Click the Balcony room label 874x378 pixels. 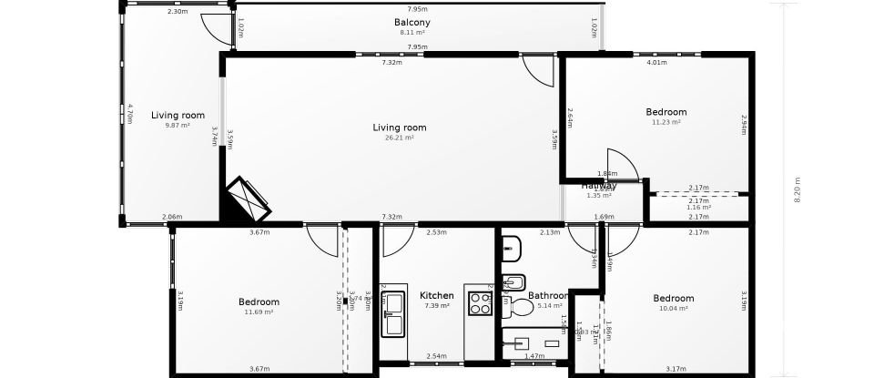pos(412,23)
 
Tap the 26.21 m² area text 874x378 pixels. pos(400,138)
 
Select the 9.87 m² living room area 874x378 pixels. pos(178,126)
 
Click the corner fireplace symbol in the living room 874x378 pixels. pos(248,199)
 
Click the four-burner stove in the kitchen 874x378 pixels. pos(480,303)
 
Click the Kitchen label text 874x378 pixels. pos(436,296)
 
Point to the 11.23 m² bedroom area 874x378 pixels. pos(666,122)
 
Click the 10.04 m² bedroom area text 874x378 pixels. pos(673,308)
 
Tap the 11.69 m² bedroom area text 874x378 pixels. pos(259,312)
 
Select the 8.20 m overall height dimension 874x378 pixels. pos(798,189)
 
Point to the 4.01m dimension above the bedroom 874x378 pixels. pos(655,63)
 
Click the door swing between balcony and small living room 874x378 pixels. pos(217,29)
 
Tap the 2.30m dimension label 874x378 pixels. pos(178,11)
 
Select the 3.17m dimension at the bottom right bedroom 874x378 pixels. pos(675,369)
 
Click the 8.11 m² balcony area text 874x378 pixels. pos(412,33)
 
